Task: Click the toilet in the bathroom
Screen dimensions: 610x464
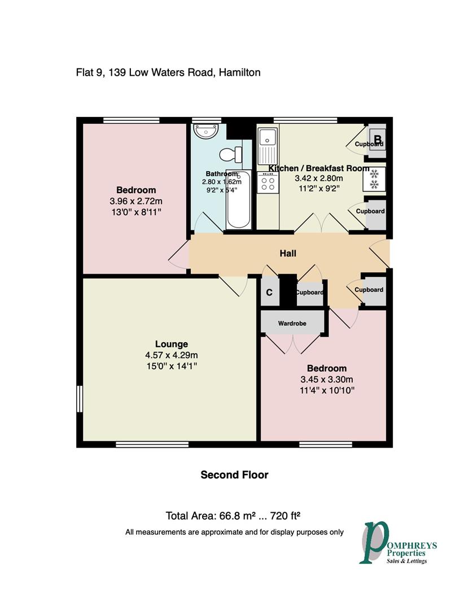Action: tap(231, 154)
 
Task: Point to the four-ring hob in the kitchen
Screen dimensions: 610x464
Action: tap(268, 182)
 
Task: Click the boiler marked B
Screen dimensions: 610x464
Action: tap(378, 137)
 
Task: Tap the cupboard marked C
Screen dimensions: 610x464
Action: tap(269, 292)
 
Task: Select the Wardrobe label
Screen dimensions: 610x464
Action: tap(292, 324)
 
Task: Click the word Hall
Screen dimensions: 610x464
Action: tap(288, 254)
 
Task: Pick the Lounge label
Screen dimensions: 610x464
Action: tap(172, 344)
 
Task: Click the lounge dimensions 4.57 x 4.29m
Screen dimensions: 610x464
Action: tap(172, 355)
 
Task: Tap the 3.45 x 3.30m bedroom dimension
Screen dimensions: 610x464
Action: tap(323, 379)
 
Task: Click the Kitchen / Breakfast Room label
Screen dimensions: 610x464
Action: tap(318, 168)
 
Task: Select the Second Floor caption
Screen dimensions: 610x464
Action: tap(234, 475)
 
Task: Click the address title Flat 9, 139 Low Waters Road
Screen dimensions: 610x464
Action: tap(168, 72)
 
